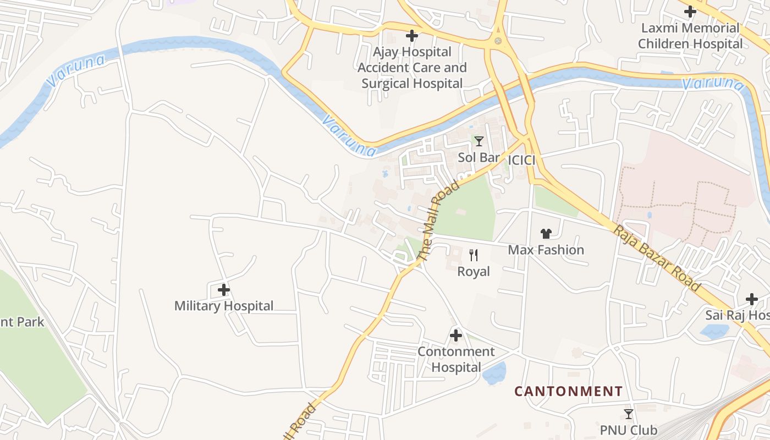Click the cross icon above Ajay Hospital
click(x=411, y=36)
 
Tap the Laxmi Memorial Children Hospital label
click(x=690, y=36)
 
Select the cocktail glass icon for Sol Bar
click(x=479, y=141)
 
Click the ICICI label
click(x=521, y=160)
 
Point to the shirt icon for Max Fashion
click(x=546, y=234)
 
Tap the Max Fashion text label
click(x=546, y=250)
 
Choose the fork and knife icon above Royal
click(x=474, y=255)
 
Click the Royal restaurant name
click(x=474, y=271)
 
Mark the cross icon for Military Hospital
click(x=224, y=289)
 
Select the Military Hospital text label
click(x=224, y=306)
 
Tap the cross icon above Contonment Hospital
click(x=456, y=335)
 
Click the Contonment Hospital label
click(x=456, y=359)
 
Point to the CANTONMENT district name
click(x=569, y=391)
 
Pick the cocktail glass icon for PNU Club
click(x=629, y=414)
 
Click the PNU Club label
click(x=629, y=430)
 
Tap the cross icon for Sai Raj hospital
click(x=752, y=299)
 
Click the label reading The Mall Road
click(x=438, y=221)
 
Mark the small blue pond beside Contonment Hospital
click(x=494, y=373)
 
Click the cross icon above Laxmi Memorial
click(x=690, y=11)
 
